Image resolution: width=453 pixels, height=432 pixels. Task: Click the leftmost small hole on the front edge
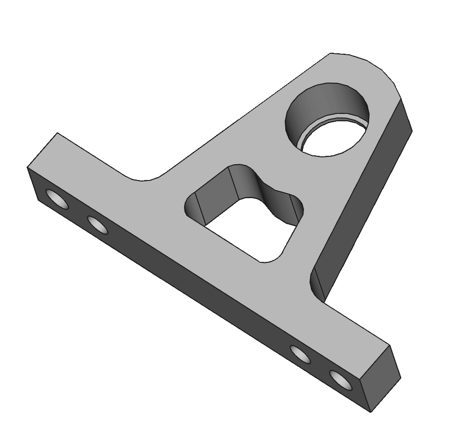click(58, 199)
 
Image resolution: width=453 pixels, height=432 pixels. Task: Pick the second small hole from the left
click(98, 225)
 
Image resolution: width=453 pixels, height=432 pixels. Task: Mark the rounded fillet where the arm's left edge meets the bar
click(146, 179)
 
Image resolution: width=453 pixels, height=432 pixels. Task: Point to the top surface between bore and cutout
click(276, 158)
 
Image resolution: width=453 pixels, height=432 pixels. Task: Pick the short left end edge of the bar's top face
click(42, 151)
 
